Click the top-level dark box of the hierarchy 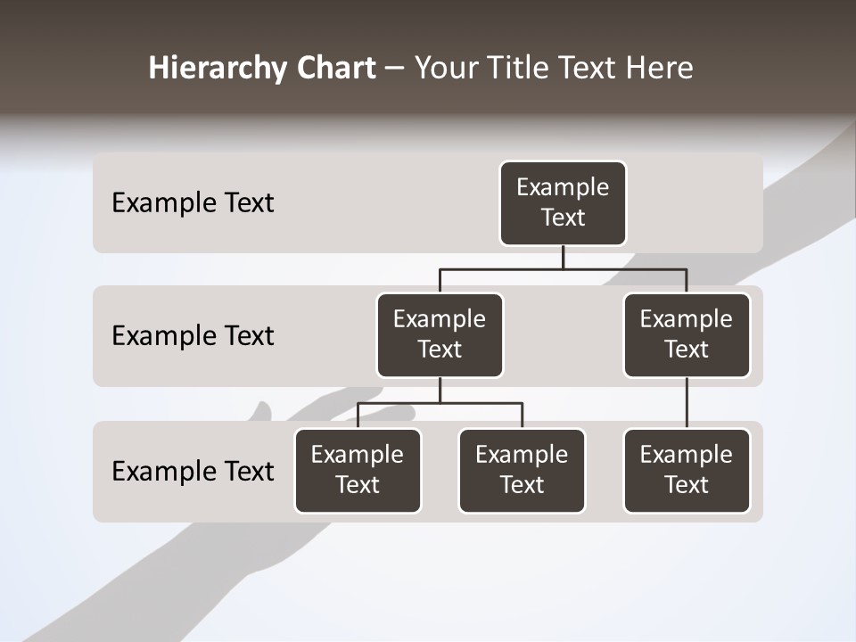pos(563,203)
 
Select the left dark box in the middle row pos(440,335)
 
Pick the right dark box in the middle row pos(687,335)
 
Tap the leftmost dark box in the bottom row pos(358,471)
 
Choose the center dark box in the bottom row pos(522,471)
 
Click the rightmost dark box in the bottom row pos(687,471)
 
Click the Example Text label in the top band pos(193,203)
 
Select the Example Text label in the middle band pos(193,336)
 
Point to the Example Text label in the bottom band pos(193,472)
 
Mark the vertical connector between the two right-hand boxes pos(687,403)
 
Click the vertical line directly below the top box pos(563,257)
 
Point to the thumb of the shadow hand pos(262,412)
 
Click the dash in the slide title pos(395,69)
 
